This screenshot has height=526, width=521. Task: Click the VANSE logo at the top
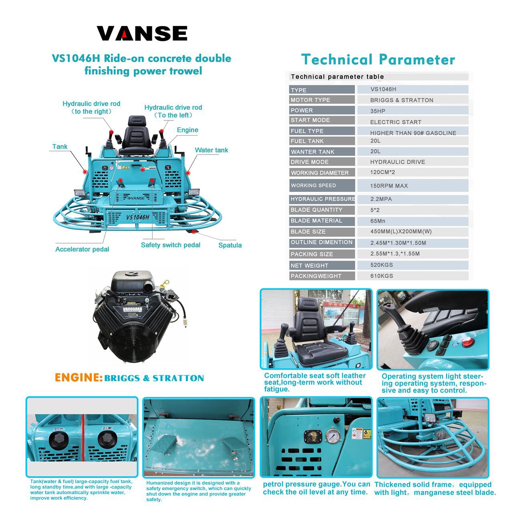[142, 33]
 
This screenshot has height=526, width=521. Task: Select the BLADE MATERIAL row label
[316, 221]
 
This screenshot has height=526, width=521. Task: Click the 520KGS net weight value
[381, 265]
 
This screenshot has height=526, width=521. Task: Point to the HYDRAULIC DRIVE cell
[397, 162]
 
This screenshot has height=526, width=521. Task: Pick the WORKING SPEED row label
[313, 185]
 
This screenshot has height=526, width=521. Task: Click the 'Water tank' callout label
[211, 150]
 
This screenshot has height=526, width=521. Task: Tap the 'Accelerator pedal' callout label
[82, 249]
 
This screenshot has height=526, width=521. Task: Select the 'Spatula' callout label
[230, 245]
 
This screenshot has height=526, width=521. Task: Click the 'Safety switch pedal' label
[170, 245]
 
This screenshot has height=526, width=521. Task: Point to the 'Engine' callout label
[188, 130]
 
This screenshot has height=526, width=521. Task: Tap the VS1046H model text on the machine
[137, 217]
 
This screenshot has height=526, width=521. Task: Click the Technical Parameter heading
[378, 60]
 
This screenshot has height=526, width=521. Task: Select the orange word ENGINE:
[79, 378]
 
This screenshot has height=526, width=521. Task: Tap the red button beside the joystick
[465, 342]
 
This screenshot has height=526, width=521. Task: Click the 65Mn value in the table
[378, 221]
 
